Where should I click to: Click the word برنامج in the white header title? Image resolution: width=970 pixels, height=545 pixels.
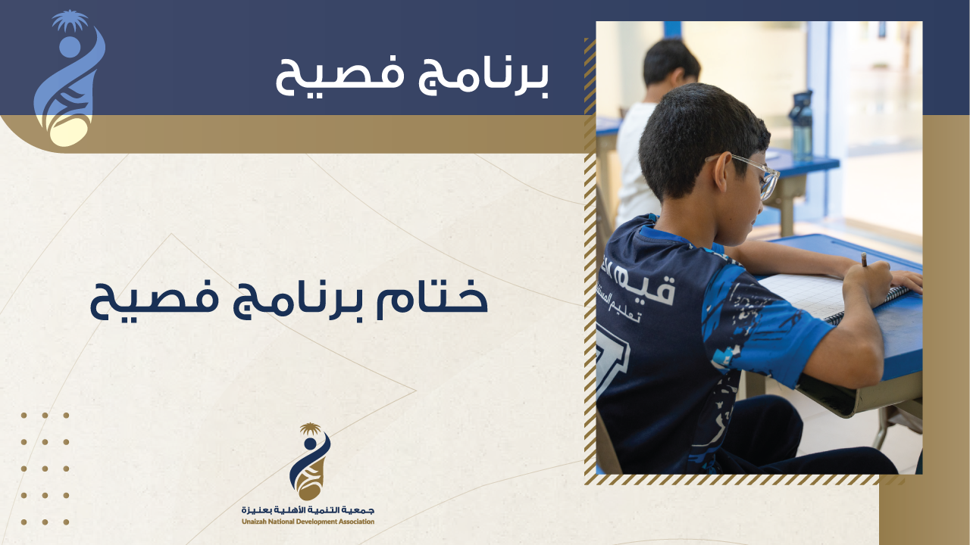[483, 78]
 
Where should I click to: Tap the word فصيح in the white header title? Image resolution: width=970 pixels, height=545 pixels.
[340, 78]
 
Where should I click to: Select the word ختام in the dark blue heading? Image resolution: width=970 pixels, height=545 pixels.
[432, 299]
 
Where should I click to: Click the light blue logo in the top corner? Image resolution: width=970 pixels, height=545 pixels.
[69, 79]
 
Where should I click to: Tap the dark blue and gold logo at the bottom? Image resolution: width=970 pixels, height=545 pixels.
[310, 462]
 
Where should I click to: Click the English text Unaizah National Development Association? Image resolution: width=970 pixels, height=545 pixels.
[308, 522]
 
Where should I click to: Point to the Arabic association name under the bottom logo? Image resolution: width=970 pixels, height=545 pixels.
[308, 510]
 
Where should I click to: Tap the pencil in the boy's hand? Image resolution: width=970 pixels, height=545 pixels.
[864, 260]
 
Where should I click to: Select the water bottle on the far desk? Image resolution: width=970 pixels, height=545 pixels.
[801, 126]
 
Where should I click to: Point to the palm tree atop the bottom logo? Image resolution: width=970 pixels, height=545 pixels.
[311, 429]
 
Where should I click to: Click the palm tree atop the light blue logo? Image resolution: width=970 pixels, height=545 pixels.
[70, 20]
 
